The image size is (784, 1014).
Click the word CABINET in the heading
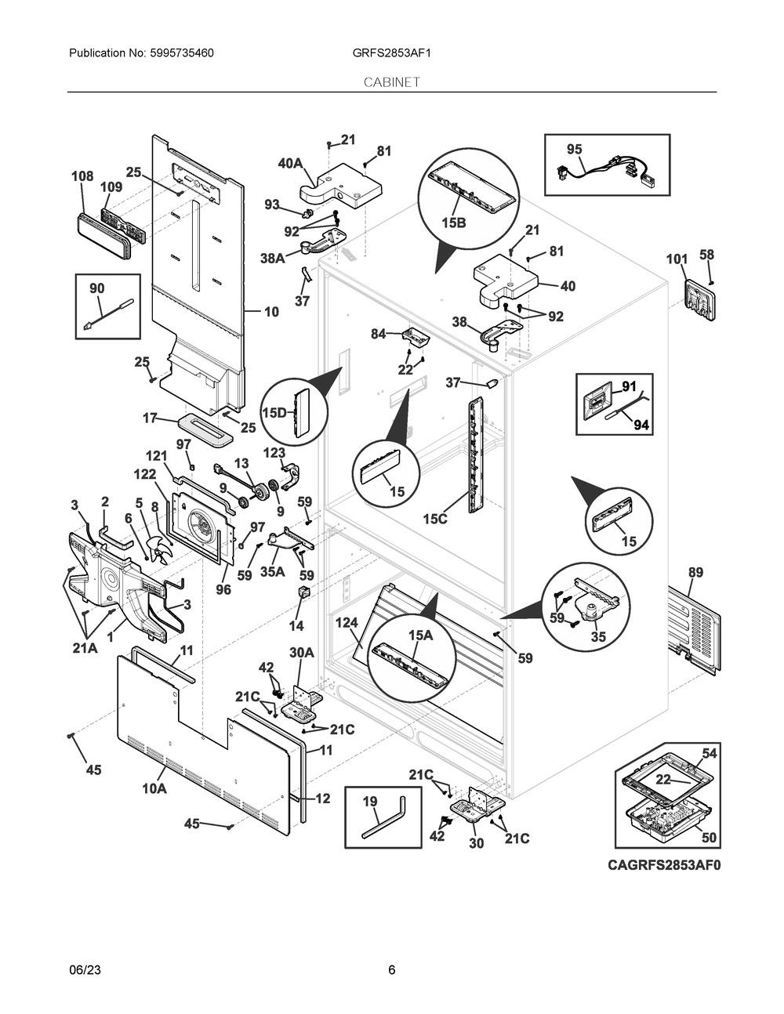point(391,81)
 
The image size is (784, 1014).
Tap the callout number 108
point(82,177)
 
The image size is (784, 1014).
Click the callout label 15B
point(453,223)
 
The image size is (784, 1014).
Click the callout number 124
point(347,623)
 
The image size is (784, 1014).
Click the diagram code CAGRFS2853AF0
point(663,865)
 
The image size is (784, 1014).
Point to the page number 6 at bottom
point(391,970)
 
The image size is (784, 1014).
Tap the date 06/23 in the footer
point(85,970)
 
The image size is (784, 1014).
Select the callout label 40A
point(290,163)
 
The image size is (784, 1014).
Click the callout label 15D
point(275,412)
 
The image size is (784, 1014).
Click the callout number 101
point(677,259)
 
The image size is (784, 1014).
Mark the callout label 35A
point(273,571)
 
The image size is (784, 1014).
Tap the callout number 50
point(708,838)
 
